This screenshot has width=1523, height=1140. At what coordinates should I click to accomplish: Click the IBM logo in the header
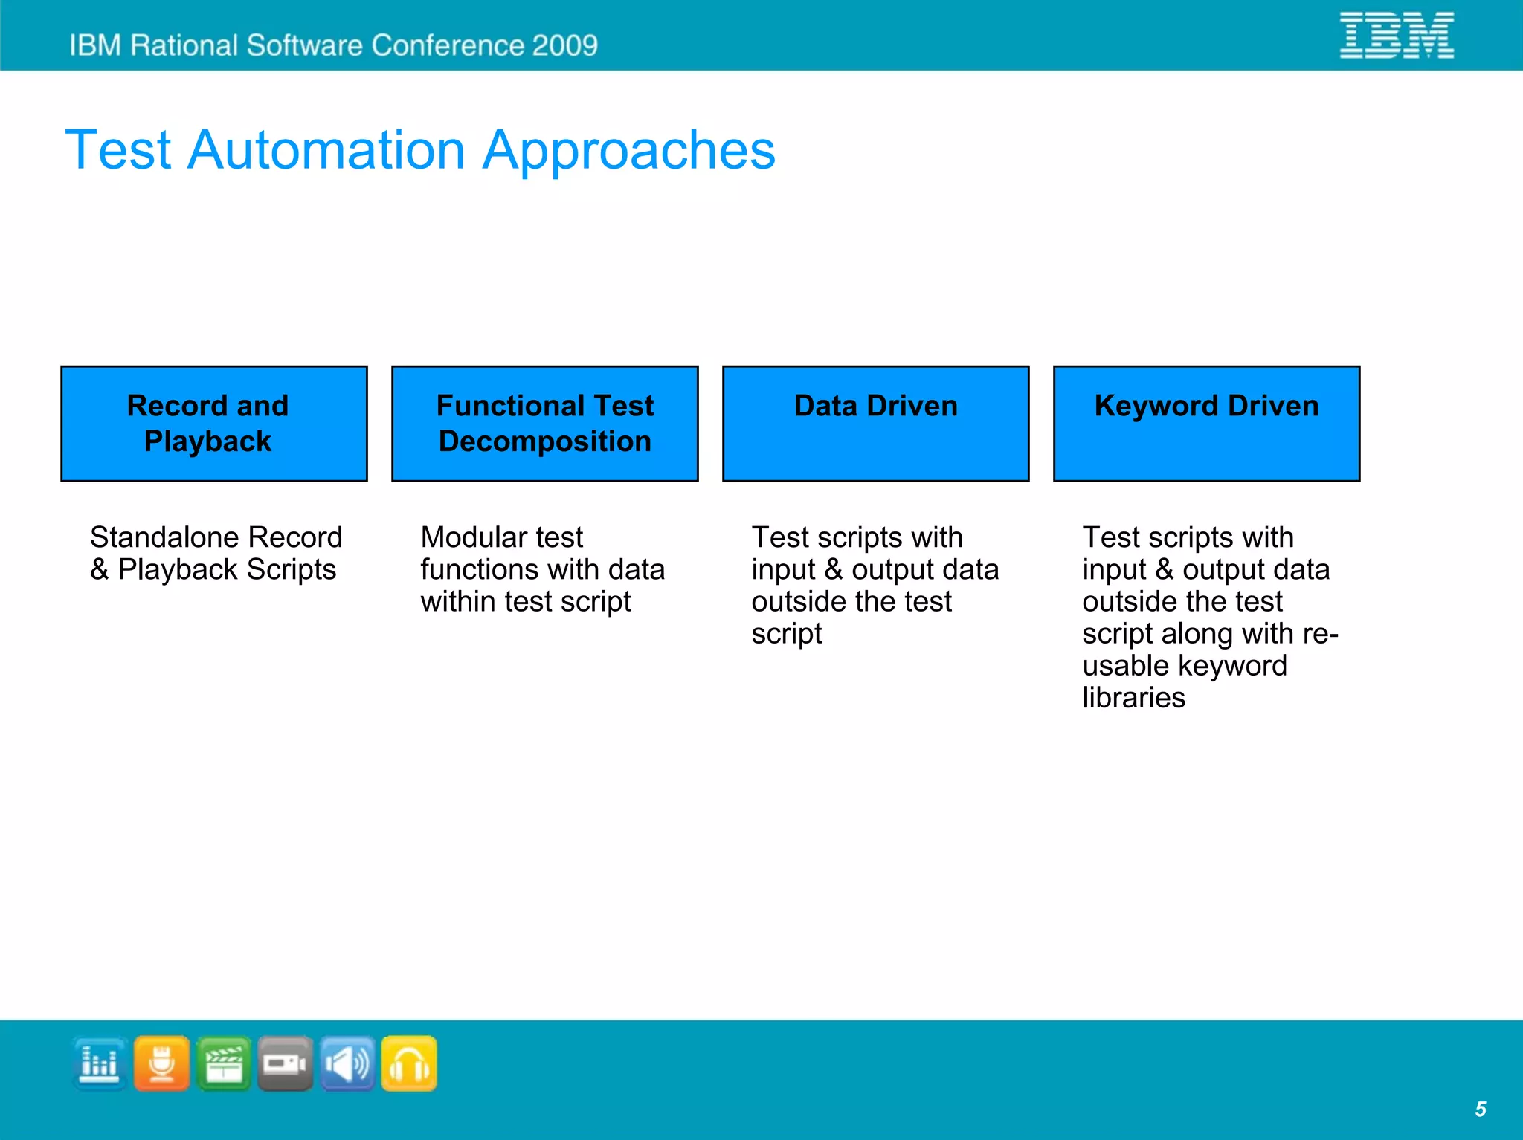point(1396,35)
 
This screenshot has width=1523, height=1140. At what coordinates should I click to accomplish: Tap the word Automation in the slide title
point(326,151)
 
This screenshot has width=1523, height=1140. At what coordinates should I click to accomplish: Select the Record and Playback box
point(214,424)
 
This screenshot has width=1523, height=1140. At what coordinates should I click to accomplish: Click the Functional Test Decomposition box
point(544,424)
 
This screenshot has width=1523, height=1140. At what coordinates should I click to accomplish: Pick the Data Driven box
point(875,424)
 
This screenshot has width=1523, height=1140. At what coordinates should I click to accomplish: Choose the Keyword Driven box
point(1206,424)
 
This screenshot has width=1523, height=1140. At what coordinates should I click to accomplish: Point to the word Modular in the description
point(465,537)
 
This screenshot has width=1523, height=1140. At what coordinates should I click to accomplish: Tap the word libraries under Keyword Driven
point(1133,698)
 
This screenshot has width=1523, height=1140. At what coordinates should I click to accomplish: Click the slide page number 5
point(1480,1110)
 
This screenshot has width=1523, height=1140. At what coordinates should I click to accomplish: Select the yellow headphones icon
point(409,1063)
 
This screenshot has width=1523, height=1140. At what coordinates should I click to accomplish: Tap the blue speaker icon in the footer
point(347,1063)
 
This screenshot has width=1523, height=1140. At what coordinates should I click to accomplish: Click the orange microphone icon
point(161,1063)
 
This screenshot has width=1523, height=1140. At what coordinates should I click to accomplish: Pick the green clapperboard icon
point(224,1063)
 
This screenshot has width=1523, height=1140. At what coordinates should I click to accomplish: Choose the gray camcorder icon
point(286,1063)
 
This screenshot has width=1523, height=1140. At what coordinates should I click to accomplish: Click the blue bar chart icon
point(100,1063)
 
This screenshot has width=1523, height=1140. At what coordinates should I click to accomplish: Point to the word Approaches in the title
point(628,151)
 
